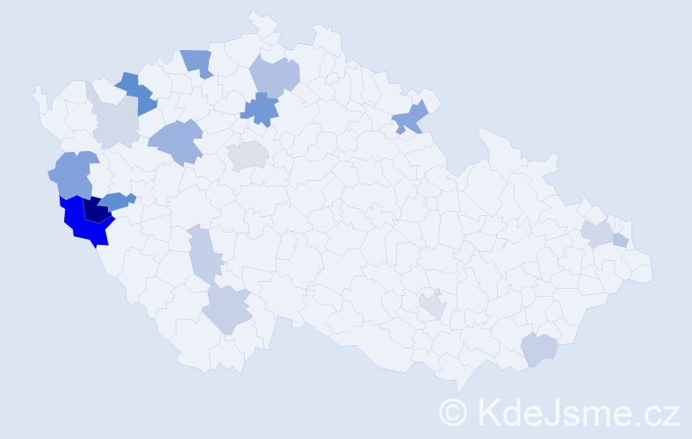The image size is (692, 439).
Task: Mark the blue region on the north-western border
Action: (198, 62)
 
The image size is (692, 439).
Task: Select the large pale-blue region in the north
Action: (276, 76)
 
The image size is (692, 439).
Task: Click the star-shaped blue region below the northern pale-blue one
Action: (260, 110)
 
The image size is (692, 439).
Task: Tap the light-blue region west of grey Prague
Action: (177, 140)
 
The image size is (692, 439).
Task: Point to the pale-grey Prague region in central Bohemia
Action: (248, 156)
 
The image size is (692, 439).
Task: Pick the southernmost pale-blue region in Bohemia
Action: (227, 309)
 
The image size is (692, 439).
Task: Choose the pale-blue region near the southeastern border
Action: (539, 349)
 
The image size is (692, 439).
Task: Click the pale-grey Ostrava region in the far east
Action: (597, 233)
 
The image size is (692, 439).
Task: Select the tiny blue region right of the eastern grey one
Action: (620, 241)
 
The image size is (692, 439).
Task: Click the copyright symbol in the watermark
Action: (453, 412)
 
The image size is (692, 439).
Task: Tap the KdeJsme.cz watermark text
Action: (576, 412)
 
